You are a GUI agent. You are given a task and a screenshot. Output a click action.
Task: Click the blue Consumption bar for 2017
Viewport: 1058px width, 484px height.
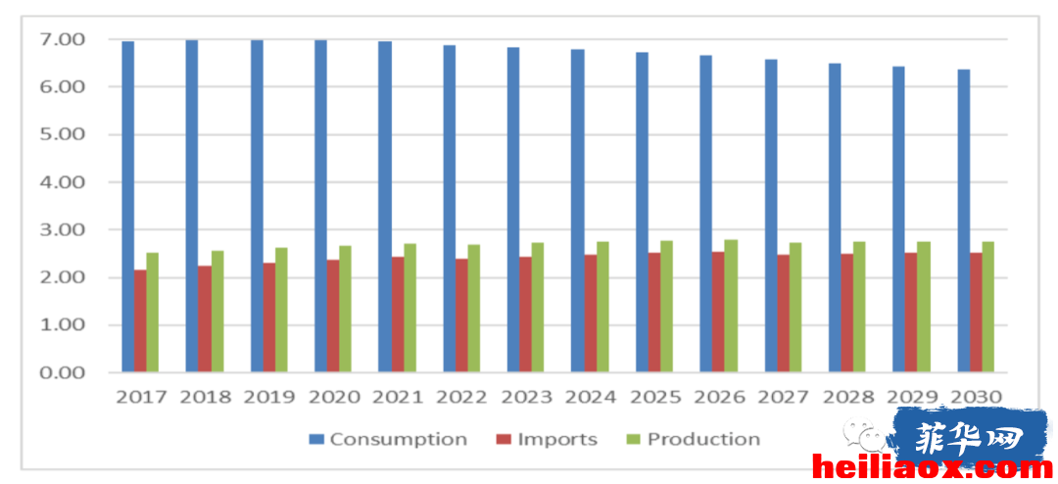(127, 207)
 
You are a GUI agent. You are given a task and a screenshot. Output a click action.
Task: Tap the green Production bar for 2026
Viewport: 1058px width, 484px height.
(731, 306)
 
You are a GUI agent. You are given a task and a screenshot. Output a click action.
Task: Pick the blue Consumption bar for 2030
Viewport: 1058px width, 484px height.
(964, 220)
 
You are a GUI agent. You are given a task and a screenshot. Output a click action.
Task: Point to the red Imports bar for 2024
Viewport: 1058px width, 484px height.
(590, 314)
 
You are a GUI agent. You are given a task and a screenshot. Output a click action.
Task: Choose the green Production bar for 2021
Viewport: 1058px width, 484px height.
(410, 308)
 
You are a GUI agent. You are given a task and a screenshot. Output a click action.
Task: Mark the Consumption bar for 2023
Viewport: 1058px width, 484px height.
(512, 210)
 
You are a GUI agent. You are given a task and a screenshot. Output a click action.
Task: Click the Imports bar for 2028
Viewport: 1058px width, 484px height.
(846, 313)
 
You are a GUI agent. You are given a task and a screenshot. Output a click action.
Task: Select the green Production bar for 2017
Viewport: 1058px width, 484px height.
(153, 313)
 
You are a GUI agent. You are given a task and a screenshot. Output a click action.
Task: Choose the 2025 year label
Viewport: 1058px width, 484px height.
(655, 397)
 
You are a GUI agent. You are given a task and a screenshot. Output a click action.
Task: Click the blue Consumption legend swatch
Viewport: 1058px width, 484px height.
(315, 440)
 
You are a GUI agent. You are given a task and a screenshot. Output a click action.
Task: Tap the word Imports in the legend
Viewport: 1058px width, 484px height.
(557, 440)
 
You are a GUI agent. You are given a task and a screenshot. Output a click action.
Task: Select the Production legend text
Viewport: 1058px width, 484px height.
(703, 440)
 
